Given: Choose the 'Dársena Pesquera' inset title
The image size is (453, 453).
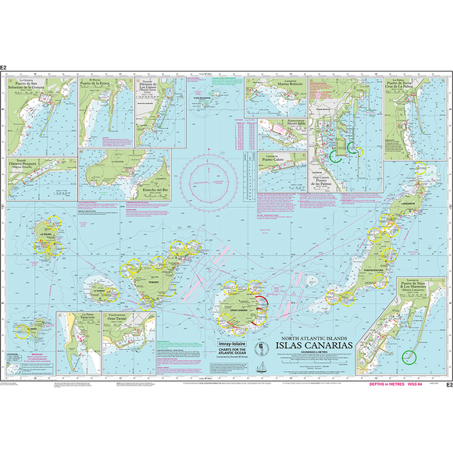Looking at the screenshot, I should (x=24, y=165).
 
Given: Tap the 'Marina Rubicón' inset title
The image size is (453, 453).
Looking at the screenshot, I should (x=287, y=85).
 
